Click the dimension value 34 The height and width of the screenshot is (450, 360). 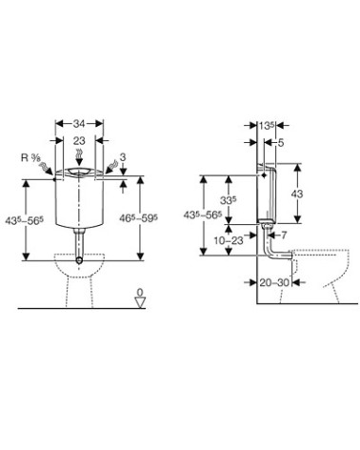point(79,124)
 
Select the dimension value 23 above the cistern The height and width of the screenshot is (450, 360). point(79,140)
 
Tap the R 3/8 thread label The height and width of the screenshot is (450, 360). point(30,158)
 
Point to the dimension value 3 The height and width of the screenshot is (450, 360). point(123,156)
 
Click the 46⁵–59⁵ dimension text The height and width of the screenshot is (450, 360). point(139,218)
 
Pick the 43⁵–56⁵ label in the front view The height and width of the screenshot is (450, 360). point(24,220)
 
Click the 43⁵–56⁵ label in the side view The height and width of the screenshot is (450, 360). point(203,215)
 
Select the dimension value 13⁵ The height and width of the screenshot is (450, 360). point(267,126)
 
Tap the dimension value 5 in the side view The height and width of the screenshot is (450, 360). point(281,143)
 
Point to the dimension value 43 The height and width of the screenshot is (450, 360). point(297,194)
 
